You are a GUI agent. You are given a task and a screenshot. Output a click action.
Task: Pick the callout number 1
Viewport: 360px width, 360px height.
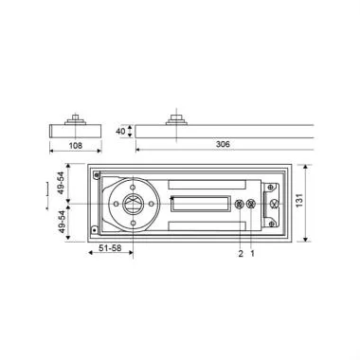point(251,254)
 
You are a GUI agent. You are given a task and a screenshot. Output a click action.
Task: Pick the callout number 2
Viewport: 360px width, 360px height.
point(240,254)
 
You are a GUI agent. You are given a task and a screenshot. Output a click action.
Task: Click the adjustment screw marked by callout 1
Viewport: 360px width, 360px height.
point(251,207)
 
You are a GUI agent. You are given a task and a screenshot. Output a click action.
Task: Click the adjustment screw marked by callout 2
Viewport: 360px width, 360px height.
point(240,207)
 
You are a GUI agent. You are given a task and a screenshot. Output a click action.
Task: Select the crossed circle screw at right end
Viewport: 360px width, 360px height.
point(274,206)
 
